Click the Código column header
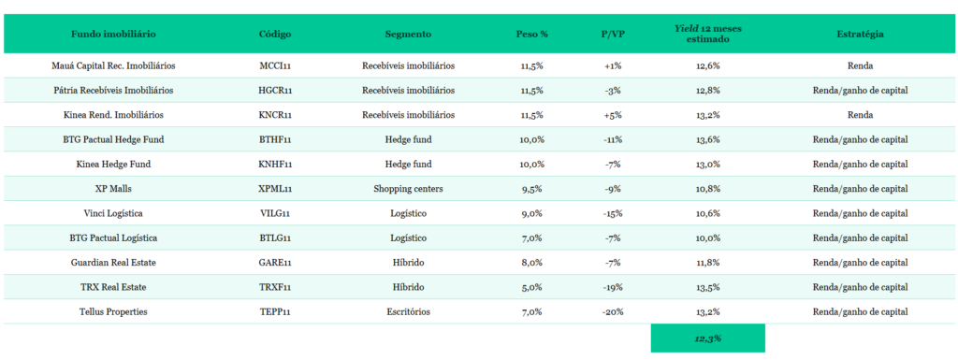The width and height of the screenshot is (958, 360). coord(275,35)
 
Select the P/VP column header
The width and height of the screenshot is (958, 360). coord(613,35)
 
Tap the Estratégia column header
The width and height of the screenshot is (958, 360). coord(860,35)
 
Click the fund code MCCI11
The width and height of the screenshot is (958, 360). coord(276,65)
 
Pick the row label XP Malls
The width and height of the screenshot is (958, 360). coord(113,189)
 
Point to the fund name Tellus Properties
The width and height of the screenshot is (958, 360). coord(113,311)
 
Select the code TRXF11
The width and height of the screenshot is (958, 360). coord(276,287)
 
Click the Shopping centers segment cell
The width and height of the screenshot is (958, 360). coord(408,189)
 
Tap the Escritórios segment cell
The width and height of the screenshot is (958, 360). coord(408,311)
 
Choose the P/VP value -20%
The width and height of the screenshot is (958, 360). coord(613,311)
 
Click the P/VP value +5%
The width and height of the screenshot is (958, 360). coord(613,115)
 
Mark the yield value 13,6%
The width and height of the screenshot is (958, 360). coord(707,139)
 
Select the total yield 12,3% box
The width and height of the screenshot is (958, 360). coord(707,338)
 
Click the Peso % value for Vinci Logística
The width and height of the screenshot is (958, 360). coord(531,213)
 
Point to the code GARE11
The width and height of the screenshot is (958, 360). coord(276,263)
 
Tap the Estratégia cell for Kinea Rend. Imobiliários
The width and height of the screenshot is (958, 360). coord(860,115)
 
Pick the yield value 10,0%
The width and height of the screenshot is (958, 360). coord(707,238)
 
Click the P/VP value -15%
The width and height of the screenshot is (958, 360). coord(613,213)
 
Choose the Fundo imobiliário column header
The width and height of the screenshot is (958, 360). coord(113,35)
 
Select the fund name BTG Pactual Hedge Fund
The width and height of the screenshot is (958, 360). coord(113,139)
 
